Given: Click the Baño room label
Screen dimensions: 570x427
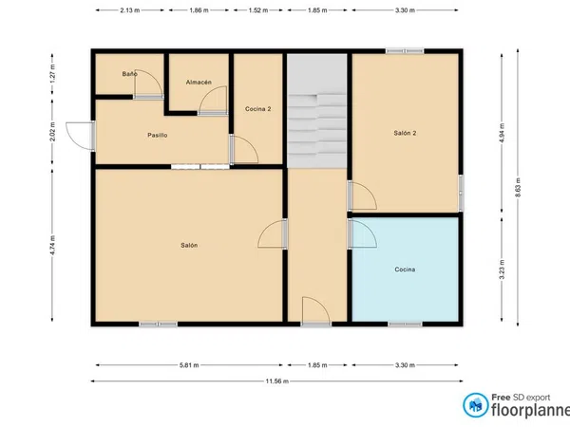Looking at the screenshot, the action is click(x=129, y=74).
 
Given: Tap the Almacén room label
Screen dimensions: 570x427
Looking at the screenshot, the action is click(x=199, y=83).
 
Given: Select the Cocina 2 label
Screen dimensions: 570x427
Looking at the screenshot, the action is click(x=257, y=109).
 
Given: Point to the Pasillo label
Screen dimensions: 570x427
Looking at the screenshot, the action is click(x=158, y=135).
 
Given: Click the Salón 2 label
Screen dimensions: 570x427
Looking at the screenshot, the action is click(x=405, y=133).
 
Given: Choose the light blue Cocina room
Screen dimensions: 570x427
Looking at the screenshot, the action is click(x=405, y=269).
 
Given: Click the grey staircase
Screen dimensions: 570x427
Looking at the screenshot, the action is click(x=316, y=111).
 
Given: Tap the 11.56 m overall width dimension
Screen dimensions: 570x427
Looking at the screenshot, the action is click(x=277, y=381).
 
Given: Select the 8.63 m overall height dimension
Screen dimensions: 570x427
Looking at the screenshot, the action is click(x=518, y=187).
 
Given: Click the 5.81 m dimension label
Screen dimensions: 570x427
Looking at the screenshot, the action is click(x=189, y=365).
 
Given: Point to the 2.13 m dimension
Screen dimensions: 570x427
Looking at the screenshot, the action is click(x=130, y=10).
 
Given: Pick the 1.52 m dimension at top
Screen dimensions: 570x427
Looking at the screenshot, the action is click(x=258, y=10).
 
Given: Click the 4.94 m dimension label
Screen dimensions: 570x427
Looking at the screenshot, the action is click(x=502, y=133).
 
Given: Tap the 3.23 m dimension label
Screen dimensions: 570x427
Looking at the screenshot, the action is click(x=502, y=269).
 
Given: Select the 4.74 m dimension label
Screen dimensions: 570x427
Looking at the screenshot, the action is click(x=52, y=245).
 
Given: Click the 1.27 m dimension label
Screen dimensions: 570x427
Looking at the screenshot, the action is click(x=52, y=74).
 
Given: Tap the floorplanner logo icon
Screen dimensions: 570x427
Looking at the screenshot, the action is click(x=476, y=405).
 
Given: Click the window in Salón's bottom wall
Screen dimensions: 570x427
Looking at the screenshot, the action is click(x=158, y=324).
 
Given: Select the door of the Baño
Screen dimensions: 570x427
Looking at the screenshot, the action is click(x=148, y=84).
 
